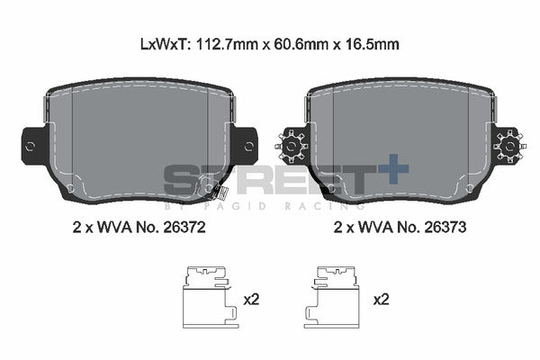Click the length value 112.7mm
[x=226, y=44]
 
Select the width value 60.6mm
[x=300, y=44]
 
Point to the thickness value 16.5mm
[x=373, y=44]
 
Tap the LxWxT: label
[x=164, y=44]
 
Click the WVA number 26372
[x=184, y=228]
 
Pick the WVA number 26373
[x=445, y=228]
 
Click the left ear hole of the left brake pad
[x=31, y=147]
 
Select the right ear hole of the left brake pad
[x=249, y=147]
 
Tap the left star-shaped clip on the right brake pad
[x=292, y=147]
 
